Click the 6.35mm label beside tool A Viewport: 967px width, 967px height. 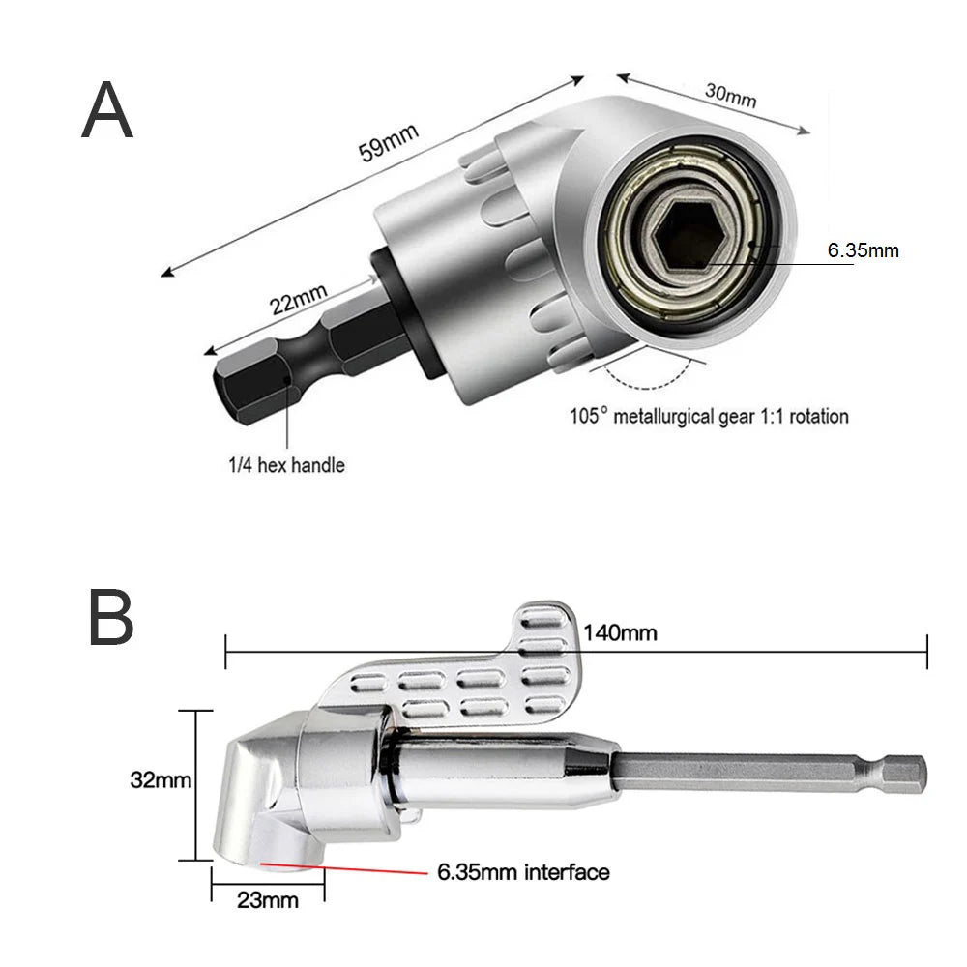click(863, 251)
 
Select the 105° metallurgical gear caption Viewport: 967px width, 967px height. click(709, 417)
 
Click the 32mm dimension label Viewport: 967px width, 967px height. click(159, 780)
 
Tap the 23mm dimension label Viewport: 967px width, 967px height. click(267, 900)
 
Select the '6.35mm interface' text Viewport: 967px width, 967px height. click(523, 872)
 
